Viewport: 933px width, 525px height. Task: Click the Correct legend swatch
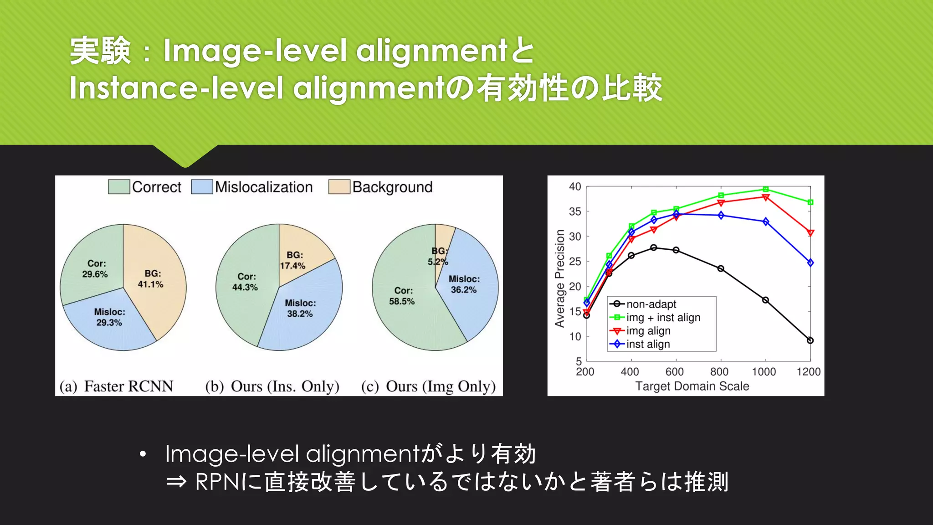tap(119, 187)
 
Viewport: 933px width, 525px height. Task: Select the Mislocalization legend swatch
tap(202, 187)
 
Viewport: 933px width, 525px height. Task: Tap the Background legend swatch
tap(339, 187)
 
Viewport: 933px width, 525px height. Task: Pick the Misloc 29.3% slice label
tap(109, 317)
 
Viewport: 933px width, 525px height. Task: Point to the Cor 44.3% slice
tap(245, 282)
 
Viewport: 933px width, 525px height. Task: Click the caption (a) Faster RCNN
tap(116, 386)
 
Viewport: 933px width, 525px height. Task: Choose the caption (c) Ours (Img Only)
tap(428, 386)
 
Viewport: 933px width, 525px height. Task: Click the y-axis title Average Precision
tap(559, 278)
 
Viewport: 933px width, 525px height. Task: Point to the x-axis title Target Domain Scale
tap(692, 386)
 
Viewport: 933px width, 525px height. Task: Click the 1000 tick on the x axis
tap(764, 372)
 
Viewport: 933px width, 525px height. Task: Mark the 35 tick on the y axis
tap(575, 211)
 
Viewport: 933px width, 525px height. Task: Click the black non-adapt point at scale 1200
tap(810, 340)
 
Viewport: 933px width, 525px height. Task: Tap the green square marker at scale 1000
tap(766, 189)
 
